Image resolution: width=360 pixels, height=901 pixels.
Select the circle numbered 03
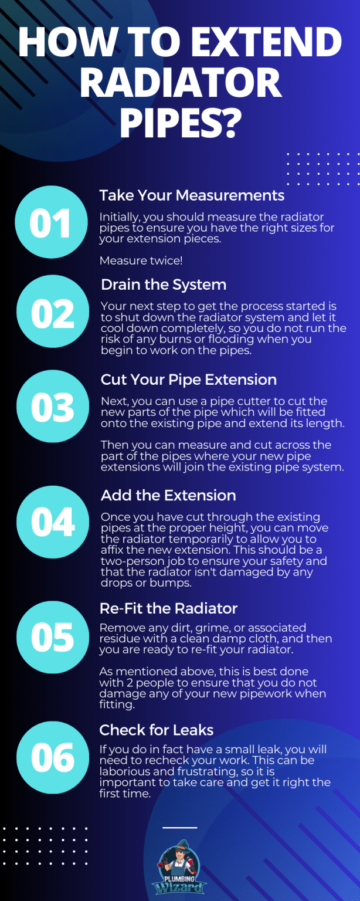tap(52, 407)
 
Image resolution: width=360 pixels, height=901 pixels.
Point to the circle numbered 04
tap(52, 521)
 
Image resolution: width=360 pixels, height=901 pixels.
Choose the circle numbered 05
tap(52, 638)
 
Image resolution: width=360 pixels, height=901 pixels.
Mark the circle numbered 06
tap(52, 757)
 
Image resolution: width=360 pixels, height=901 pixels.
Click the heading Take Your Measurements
tap(192, 195)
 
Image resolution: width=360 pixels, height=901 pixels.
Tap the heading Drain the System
tap(163, 285)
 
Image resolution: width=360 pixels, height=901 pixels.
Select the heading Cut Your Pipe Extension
tap(188, 380)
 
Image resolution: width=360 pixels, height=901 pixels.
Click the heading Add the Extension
tap(168, 496)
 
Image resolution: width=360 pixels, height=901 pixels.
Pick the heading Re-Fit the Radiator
tap(168, 609)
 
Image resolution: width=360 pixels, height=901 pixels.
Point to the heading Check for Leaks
tap(156, 730)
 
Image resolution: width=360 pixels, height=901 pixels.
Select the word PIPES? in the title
tap(181, 120)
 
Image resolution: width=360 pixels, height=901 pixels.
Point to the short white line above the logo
tap(179, 828)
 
